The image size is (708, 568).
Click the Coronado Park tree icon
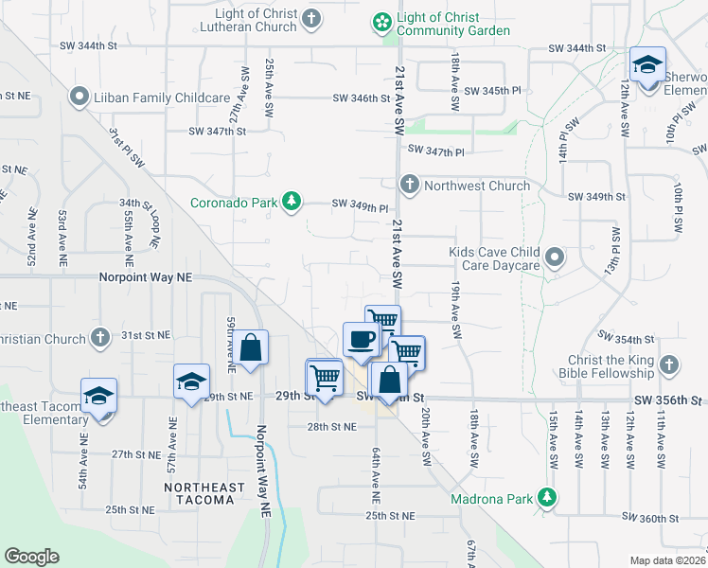coord(293,201)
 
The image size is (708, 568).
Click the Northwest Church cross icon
coord(409,184)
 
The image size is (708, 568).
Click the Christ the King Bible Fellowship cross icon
coord(669,364)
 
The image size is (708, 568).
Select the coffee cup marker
coord(361,340)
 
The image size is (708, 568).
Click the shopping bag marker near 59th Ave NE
coord(250,348)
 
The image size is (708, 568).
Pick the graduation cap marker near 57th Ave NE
coord(191,382)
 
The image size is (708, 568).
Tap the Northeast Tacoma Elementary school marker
coord(97,398)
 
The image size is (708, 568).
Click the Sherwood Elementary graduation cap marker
coord(647,65)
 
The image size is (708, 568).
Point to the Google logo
coord(31,557)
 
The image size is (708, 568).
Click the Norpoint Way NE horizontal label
coord(146,277)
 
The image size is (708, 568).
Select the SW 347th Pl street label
coord(436,150)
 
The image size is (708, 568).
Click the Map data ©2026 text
coord(667,560)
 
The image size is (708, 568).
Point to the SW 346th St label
coord(362,98)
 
